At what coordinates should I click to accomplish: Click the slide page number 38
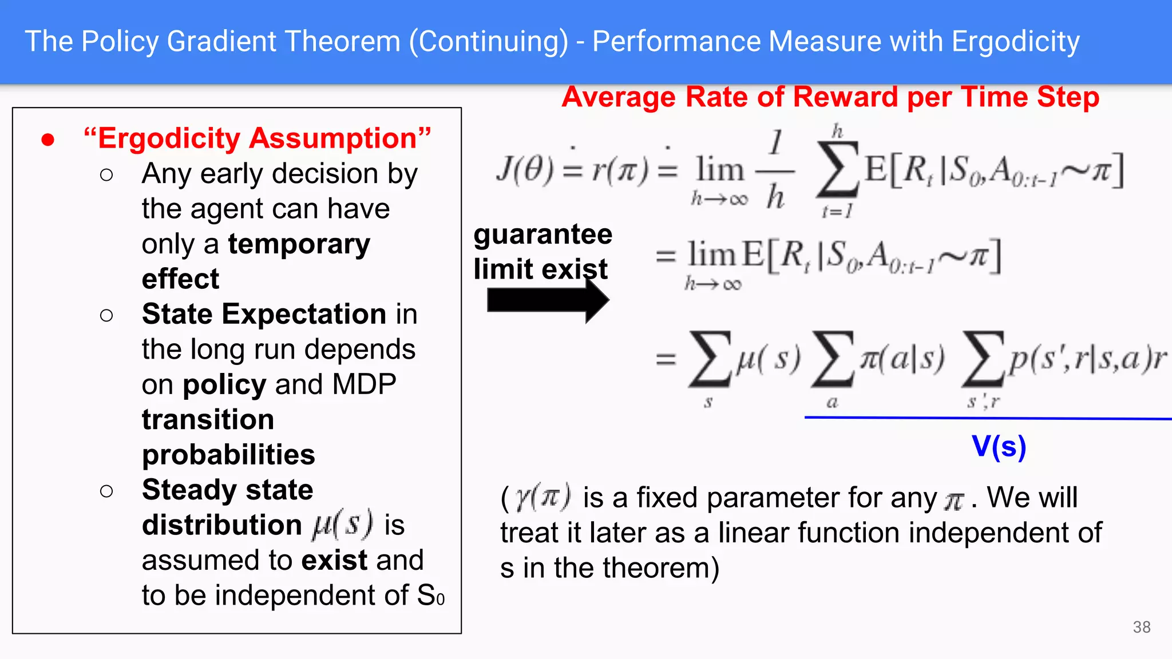[1141, 627]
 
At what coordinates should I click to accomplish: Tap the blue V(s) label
[999, 446]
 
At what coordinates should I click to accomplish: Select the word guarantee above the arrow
[543, 235]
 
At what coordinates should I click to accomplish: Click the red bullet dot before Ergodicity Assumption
[48, 140]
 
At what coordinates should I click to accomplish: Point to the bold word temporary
[299, 244]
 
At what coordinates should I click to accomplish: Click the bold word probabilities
[228, 455]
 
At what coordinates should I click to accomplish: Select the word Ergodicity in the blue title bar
[1015, 42]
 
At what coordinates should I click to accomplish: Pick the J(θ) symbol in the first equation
[525, 170]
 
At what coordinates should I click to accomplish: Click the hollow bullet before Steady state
[106, 491]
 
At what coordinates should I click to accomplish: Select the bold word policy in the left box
[224, 385]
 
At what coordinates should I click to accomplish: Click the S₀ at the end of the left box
[430, 596]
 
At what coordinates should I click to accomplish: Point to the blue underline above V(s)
[988, 418]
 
